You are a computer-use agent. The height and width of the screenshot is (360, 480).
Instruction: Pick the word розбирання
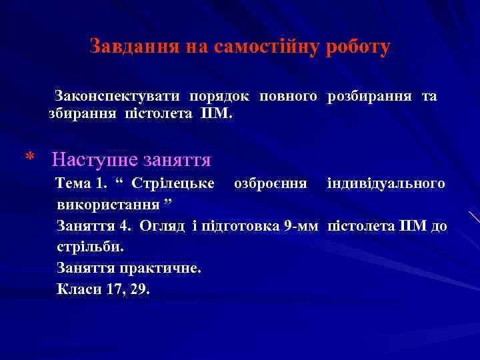tap(369, 97)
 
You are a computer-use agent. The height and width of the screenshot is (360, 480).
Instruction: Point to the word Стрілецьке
tap(173, 183)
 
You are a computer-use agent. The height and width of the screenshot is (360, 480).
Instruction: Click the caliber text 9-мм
tap(301, 226)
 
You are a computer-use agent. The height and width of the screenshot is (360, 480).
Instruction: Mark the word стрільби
tap(91, 247)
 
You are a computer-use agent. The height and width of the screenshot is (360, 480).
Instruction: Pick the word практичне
tap(159, 269)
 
